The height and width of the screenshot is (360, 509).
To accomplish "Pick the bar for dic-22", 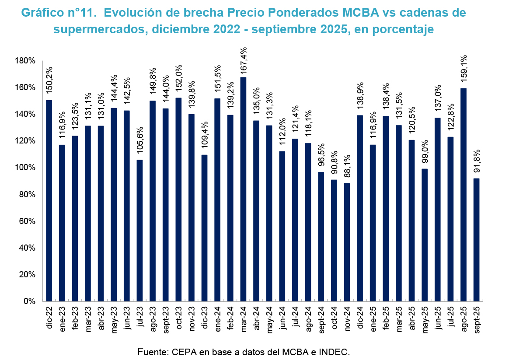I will (49, 201).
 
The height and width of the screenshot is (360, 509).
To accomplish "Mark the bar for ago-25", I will (464, 195).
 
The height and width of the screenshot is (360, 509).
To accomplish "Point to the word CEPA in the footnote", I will (181, 351).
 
